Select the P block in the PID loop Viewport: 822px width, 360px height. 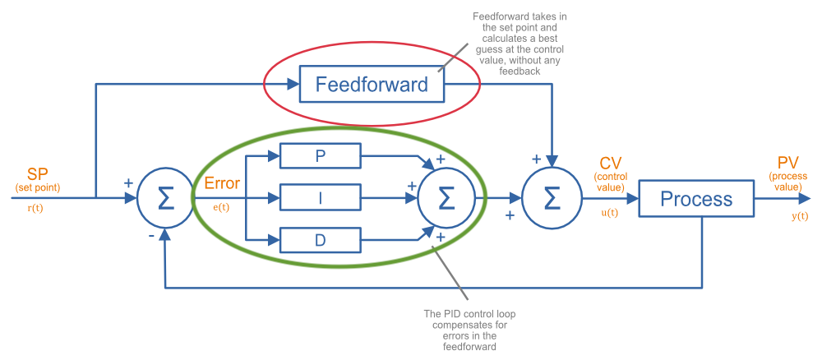pos(321,155)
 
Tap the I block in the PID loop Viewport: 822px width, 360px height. pos(321,198)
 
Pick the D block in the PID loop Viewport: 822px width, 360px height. pos(321,241)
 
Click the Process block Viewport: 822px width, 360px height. pos(696,199)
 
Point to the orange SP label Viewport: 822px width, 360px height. pos(38,174)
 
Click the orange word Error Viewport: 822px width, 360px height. pos(222,183)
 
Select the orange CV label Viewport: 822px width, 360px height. pos(611,161)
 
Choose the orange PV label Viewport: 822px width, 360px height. pos(787,162)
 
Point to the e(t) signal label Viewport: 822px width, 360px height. pos(222,207)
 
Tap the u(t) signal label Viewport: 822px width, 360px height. pos(611,212)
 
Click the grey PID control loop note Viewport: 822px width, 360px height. pos(464,330)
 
